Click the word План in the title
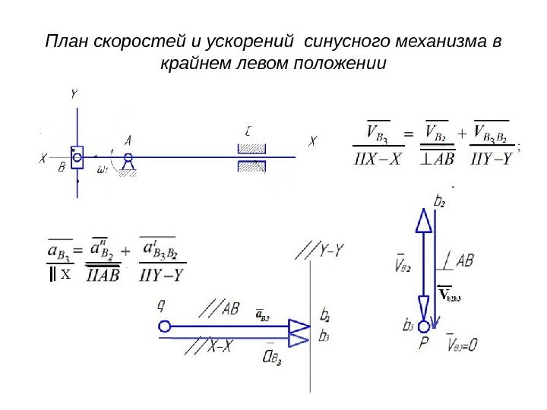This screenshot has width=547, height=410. [x=66, y=40]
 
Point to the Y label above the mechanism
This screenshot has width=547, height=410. [x=74, y=94]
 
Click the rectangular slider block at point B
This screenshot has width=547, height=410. [x=77, y=157]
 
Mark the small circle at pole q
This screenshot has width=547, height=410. [x=164, y=326]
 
